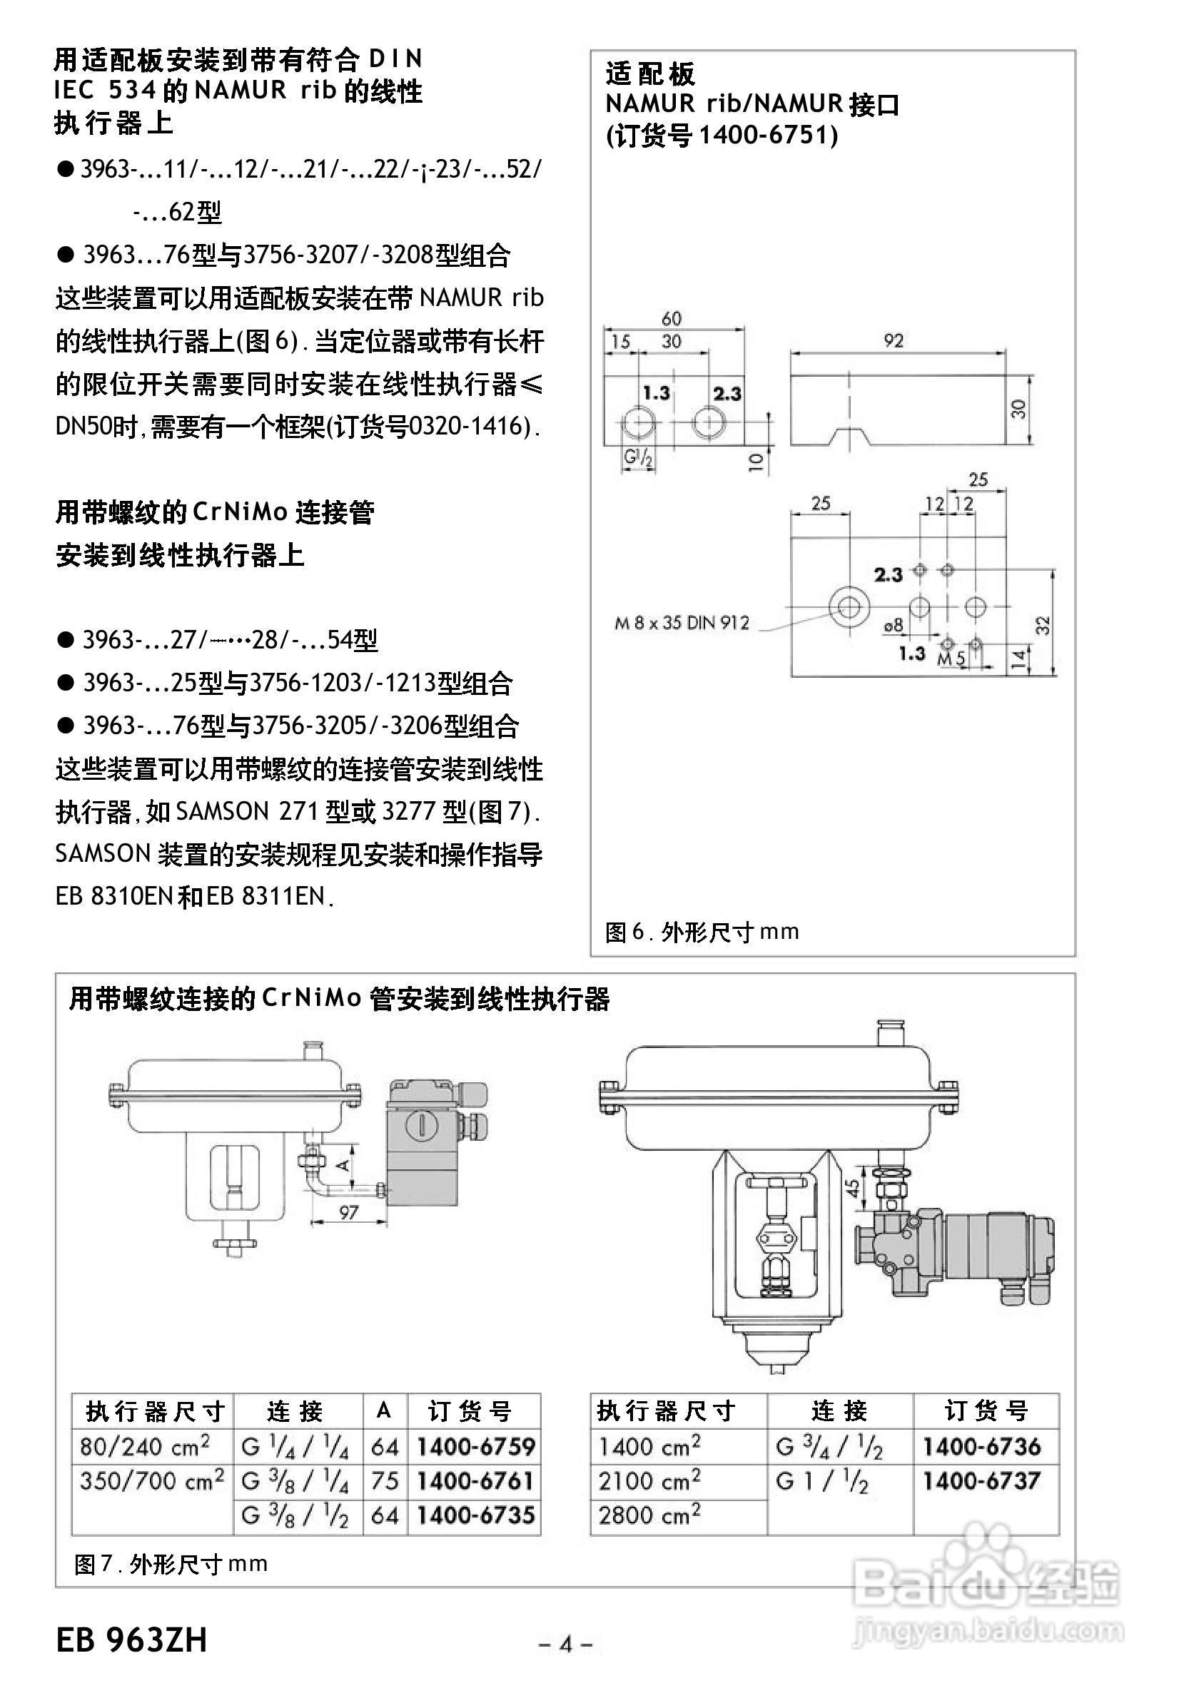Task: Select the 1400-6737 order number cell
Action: tap(981, 1480)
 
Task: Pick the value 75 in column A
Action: tap(385, 1480)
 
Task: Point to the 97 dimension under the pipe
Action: tap(348, 1212)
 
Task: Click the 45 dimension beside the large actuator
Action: tap(853, 1187)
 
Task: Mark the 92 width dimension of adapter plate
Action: tap(894, 341)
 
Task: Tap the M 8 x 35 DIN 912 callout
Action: tap(682, 623)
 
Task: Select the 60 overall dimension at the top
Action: tap(671, 318)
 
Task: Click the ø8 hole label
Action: tap(894, 626)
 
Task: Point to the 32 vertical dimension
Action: tap(1042, 625)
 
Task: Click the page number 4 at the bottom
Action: tap(566, 1643)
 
